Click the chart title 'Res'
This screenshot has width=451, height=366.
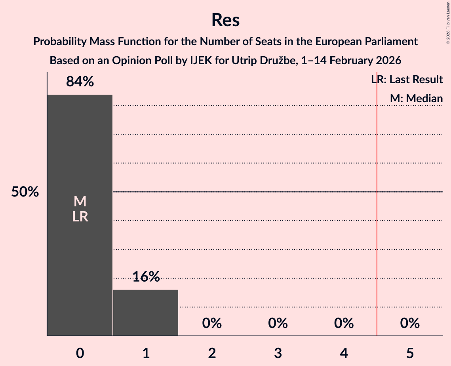[225, 20]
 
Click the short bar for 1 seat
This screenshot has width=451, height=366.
[146, 313]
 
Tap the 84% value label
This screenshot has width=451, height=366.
[80, 82]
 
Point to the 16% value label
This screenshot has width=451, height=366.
[146, 277]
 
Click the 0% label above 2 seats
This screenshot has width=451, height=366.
[212, 323]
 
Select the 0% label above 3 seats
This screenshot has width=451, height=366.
[278, 323]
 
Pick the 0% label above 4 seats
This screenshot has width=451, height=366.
[344, 323]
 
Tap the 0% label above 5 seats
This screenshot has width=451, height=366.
[409, 323]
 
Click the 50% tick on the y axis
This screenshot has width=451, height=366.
[25, 192]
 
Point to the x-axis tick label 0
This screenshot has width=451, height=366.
[80, 353]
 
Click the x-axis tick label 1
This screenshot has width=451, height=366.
[146, 353]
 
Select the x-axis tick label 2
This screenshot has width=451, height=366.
[212, 353]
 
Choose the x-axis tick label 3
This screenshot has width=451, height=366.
[278, 353]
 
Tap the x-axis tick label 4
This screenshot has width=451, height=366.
[344, 353]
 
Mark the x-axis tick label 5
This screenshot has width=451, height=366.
[409, 353]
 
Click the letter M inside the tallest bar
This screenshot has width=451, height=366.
[80, 202]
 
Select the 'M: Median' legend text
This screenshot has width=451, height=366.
[416, 99]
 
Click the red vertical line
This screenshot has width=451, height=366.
[377, 238]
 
